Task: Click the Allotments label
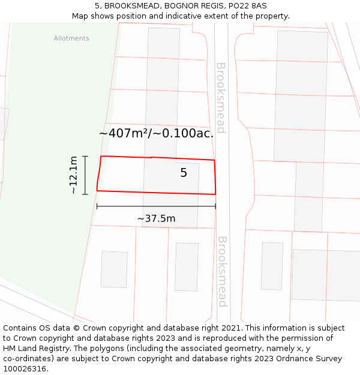[71, 38]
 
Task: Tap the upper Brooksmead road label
[220, 98]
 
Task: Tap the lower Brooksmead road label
[221, 272]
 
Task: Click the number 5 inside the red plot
[184, 173]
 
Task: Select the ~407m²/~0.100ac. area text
[156, 133]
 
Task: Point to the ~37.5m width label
[156, 218]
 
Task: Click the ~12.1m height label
[73, 175]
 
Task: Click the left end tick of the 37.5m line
[97, 206]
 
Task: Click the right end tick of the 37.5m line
[215, 206]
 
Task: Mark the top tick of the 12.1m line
[85, 156]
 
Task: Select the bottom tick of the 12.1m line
[85, 194]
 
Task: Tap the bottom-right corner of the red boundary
[215, 194]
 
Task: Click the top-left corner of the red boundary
[101, 157]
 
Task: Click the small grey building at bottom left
[114, 269]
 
